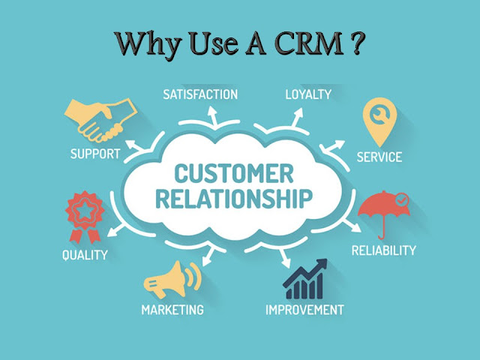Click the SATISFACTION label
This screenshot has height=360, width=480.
click(200, 94)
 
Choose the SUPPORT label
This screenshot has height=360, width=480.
click(95, 154)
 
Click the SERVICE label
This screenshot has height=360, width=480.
click(379, 157)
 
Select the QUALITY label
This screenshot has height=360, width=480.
click(84, 254)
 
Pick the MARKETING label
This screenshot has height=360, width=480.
click(172, 309)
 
